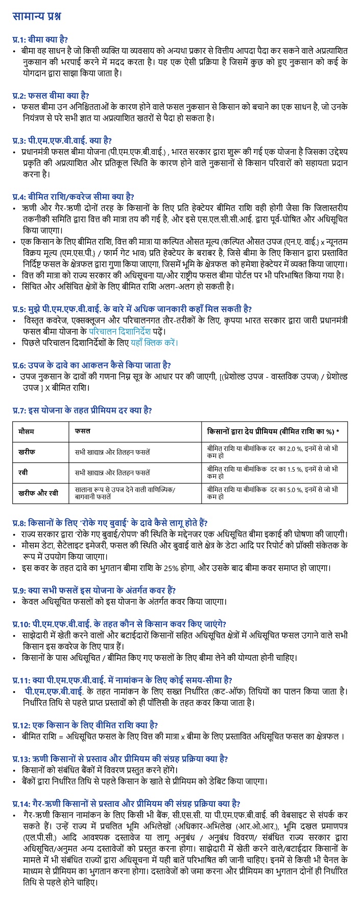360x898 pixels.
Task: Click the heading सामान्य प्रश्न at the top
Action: [x=36, y=16]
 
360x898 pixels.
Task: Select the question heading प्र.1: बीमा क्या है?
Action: [x=40, y=39]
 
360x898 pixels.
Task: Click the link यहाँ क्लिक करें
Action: [x=154, y=342]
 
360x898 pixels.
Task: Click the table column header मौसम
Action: [x=27, y=431]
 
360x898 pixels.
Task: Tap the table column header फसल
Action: [x=82, y=431]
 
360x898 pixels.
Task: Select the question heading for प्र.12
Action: [x=85, y=725]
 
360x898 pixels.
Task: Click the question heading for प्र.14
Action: [x=127, y=803]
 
